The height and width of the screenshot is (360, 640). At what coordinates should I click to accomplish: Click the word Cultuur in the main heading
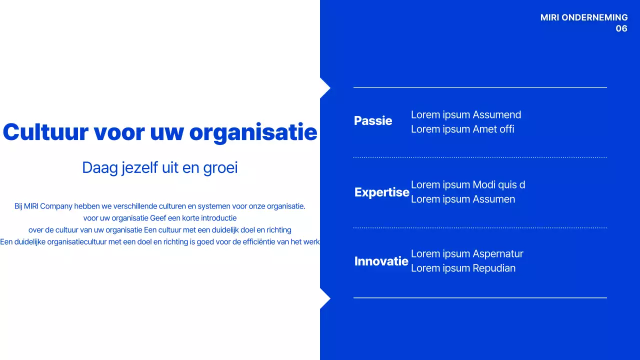tap(45, 132)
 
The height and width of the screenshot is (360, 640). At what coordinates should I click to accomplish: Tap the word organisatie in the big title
tap(253, 132)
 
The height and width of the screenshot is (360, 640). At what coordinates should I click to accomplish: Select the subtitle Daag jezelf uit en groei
tap(159, 167)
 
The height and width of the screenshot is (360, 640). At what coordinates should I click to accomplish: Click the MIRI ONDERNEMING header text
tap(583, 17)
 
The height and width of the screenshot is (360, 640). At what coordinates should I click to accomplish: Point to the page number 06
tap(621, 28)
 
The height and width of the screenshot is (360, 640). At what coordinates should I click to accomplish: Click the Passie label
tap(373, 121)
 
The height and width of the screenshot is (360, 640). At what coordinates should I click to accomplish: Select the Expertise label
tap(381, 192)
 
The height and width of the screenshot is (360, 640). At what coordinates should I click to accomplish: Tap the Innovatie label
tap(381, 261)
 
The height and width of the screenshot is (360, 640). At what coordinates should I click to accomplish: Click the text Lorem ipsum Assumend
tap(465, 115)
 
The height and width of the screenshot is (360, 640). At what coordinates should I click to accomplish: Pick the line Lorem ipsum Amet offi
tap(462, 129)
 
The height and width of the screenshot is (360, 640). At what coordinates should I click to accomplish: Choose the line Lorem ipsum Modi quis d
tap(467, 185)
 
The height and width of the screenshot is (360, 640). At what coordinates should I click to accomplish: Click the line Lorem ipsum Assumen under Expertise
tap(462, 199)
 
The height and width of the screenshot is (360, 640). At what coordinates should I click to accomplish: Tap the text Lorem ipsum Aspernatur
tap(466, 254)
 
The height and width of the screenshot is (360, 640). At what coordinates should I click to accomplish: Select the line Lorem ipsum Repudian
tap(463, 268)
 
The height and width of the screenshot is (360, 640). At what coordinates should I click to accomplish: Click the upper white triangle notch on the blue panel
tap(324, 88)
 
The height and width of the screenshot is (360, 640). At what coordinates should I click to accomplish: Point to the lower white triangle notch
tap(324, 298)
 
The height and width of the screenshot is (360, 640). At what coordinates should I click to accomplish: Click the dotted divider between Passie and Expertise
tap(480, 157)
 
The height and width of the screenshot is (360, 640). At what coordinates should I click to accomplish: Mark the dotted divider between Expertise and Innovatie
tap(480, 228)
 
